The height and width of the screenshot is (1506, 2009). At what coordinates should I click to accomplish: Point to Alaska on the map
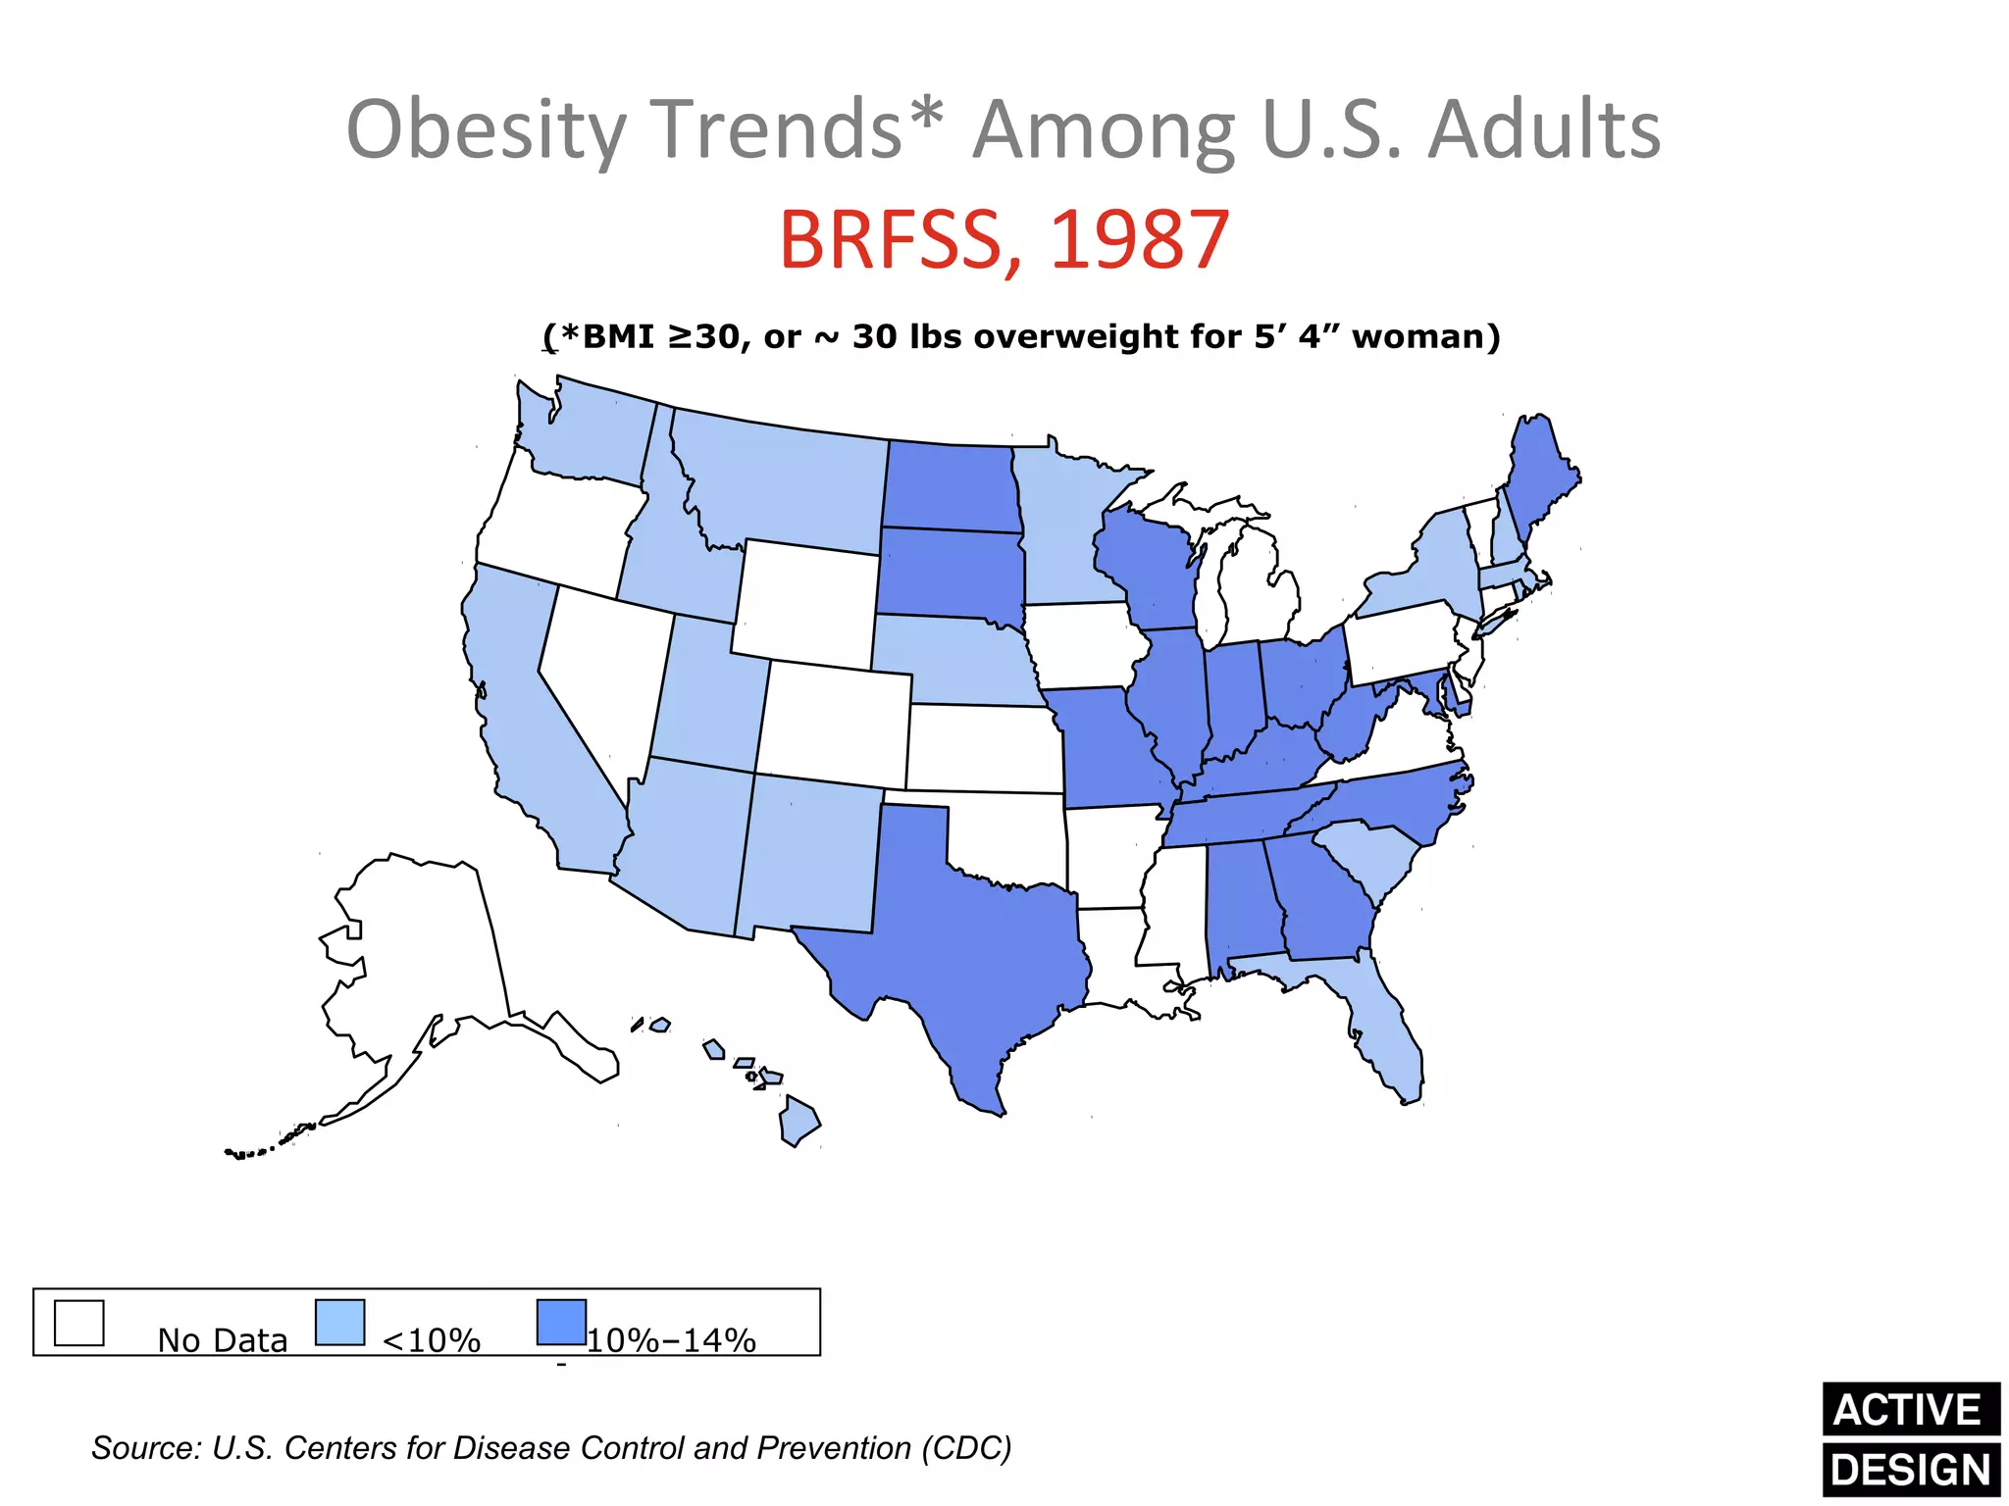[x=422, y=961]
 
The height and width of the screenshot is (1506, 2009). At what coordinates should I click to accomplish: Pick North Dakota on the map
[x=948, y=486]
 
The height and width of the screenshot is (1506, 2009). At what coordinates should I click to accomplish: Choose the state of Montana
[x=785, y=480]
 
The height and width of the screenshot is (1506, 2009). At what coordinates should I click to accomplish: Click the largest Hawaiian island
[x=799, y=1123]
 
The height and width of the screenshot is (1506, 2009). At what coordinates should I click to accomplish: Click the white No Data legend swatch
[x=79, y=1323]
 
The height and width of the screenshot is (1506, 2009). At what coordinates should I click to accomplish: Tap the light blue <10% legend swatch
[x=340, y=1323]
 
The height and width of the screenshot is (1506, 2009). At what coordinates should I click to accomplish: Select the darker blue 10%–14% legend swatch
[x=561, y=1323]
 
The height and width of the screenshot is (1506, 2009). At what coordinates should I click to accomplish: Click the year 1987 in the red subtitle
[x=1140, y=240]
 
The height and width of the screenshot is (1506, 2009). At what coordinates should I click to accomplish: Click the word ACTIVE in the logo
[x=1908, y=1410]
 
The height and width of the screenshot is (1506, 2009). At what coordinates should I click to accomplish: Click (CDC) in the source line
[x=965, y=1448]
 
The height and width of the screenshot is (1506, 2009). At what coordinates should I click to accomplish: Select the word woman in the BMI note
[x=1425, y=336]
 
